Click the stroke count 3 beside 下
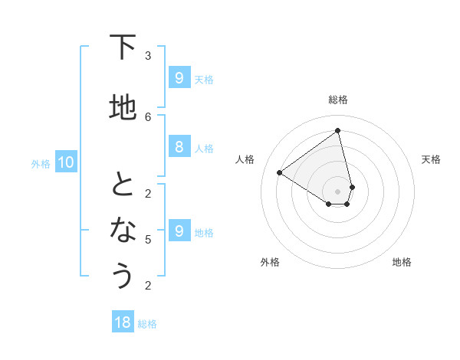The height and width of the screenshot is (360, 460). pos(148,56)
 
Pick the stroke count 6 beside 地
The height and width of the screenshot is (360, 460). pos(148,116)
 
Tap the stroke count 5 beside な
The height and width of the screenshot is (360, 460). pos(148,240)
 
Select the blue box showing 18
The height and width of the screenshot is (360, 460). pos(123,322)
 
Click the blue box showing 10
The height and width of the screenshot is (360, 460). pos(65,162)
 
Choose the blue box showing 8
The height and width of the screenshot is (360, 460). pos(179,147)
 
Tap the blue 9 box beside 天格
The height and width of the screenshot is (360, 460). pos(179,77)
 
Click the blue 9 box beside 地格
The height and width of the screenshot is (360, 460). pos(179,231)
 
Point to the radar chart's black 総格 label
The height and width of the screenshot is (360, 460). pos(338,100)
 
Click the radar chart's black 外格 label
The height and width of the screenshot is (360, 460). pos(270,262)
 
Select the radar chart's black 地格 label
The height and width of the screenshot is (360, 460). pos(402,262)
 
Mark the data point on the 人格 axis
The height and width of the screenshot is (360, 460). pos(280,173)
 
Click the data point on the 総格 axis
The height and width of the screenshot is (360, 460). pos(338,131)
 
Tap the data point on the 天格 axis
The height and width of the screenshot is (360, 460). pos(352,187)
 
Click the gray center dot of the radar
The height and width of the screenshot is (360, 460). pos(338,191)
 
